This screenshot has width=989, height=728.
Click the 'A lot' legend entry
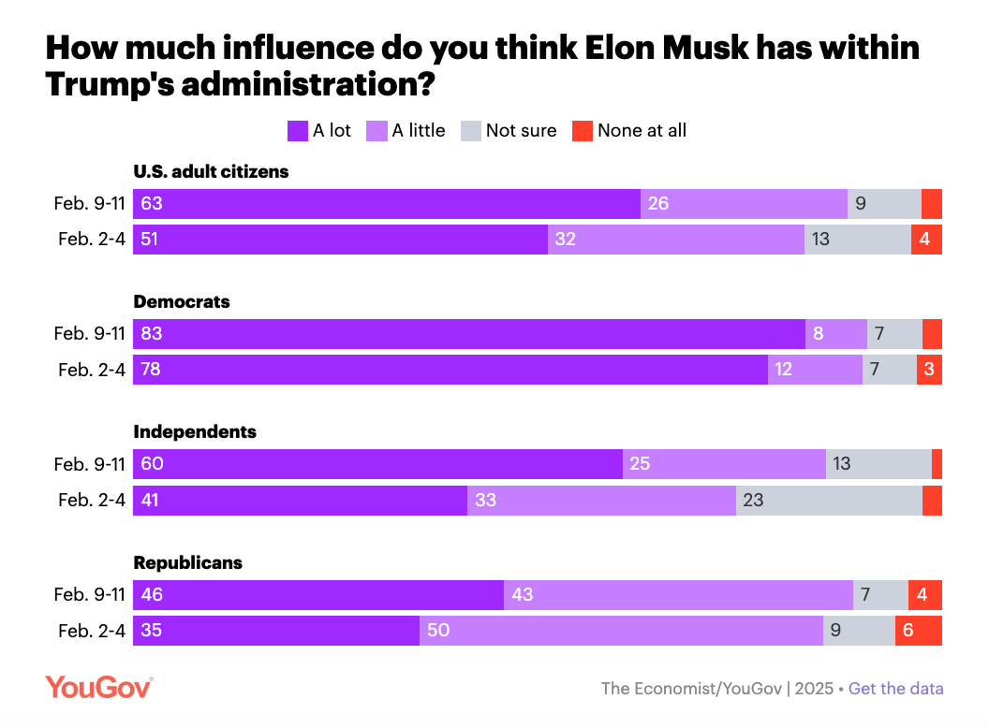[x=319, y=131]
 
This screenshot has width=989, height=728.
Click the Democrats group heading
[x=182, y=302]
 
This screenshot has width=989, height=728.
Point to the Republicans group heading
[x=188, y=562]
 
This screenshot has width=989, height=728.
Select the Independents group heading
[x=195, y=432]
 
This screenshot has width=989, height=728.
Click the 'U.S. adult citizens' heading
[x=211, y=172]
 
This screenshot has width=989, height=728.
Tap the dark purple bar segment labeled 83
[x=469, y=334]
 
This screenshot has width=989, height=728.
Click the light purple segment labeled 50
[x=621, y=631]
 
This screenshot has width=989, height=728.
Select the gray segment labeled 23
[x=829, y=501]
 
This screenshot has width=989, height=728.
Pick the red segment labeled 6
[x=918, y=631]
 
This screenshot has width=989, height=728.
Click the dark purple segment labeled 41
[x=300, y=501]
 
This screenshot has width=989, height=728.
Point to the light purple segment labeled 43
[x=678, y=594]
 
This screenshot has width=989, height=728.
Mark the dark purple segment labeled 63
[x=387, y=204]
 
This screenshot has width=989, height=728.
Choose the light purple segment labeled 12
[x=815, y=370]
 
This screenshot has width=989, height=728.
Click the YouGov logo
[x=98, y=688]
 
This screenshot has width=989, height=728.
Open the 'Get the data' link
[x=895, y=689]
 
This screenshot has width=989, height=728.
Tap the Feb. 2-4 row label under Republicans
[x=91, y=631]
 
